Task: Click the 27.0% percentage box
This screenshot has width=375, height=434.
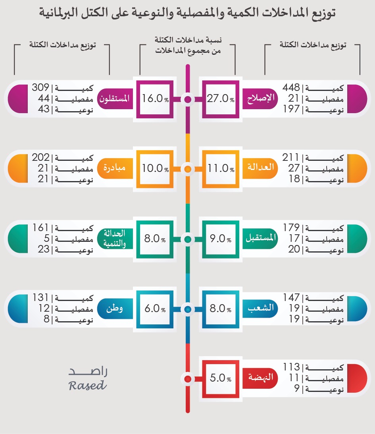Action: [x=220, y=99]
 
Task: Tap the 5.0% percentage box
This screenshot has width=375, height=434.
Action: [x=220, y=378]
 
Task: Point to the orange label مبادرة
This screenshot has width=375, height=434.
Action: [x=115, y=168]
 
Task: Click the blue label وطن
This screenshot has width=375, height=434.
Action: [x=114, y=309]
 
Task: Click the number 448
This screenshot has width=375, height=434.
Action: [x=292, y=88]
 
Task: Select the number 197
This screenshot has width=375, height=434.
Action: [x=292, y=110]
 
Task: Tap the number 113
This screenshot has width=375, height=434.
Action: [x=292, y=367]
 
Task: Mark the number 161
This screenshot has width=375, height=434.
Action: [x=40, y=228]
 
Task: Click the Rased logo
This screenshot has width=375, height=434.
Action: [x=88, y=378]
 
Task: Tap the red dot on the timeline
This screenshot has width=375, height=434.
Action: [x=188, y=378]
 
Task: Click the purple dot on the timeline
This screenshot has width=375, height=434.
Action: [x=188, y=99]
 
